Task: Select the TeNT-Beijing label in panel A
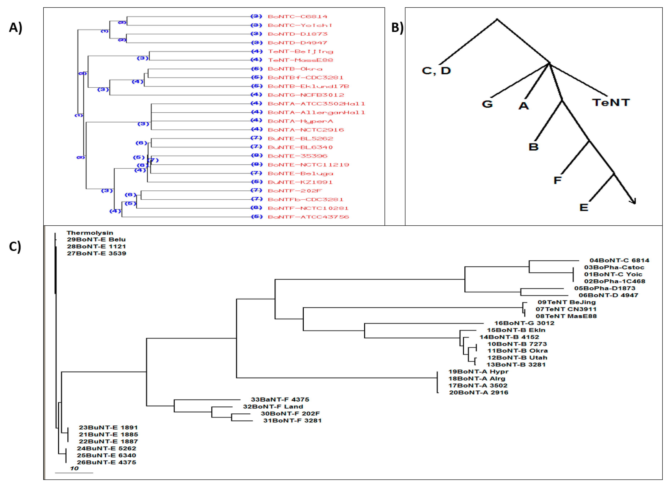(x=300, y=52)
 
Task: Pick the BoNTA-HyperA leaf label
(x=300, y=121)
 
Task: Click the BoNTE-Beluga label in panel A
(x=300, y=174)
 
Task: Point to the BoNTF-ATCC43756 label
(x=308, y=217)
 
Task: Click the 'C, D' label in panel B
(x=436, y=71)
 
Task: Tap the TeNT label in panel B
(x=611, y=103)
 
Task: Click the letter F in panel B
(x=557, y=180)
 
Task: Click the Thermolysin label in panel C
(x=90, y=233)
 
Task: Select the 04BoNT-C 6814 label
(x=619, y=261)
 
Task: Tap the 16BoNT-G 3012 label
(x=524, y=323)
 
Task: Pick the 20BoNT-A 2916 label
(x=479, y=393)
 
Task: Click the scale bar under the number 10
(x=74, y=473)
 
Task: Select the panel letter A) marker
(x=15, y=28)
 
